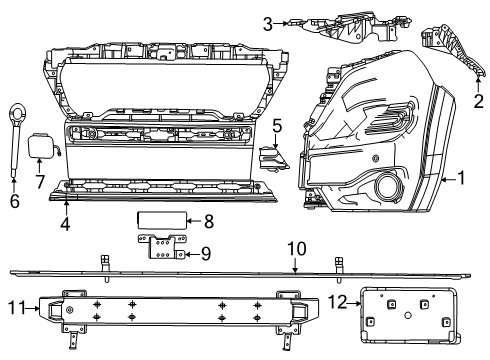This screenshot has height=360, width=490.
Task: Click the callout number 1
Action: [x=461, y=180]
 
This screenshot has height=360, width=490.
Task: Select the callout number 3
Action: [x=268, y=22]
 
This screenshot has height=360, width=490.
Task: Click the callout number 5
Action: [x=278, y=127]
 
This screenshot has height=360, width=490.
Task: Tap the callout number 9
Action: [x=205, y=252]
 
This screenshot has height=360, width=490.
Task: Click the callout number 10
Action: [x=295, y=249]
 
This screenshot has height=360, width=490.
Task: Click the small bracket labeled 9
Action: [x=164, y=246]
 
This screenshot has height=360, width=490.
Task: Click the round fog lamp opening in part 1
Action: [x=384, y=186]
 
